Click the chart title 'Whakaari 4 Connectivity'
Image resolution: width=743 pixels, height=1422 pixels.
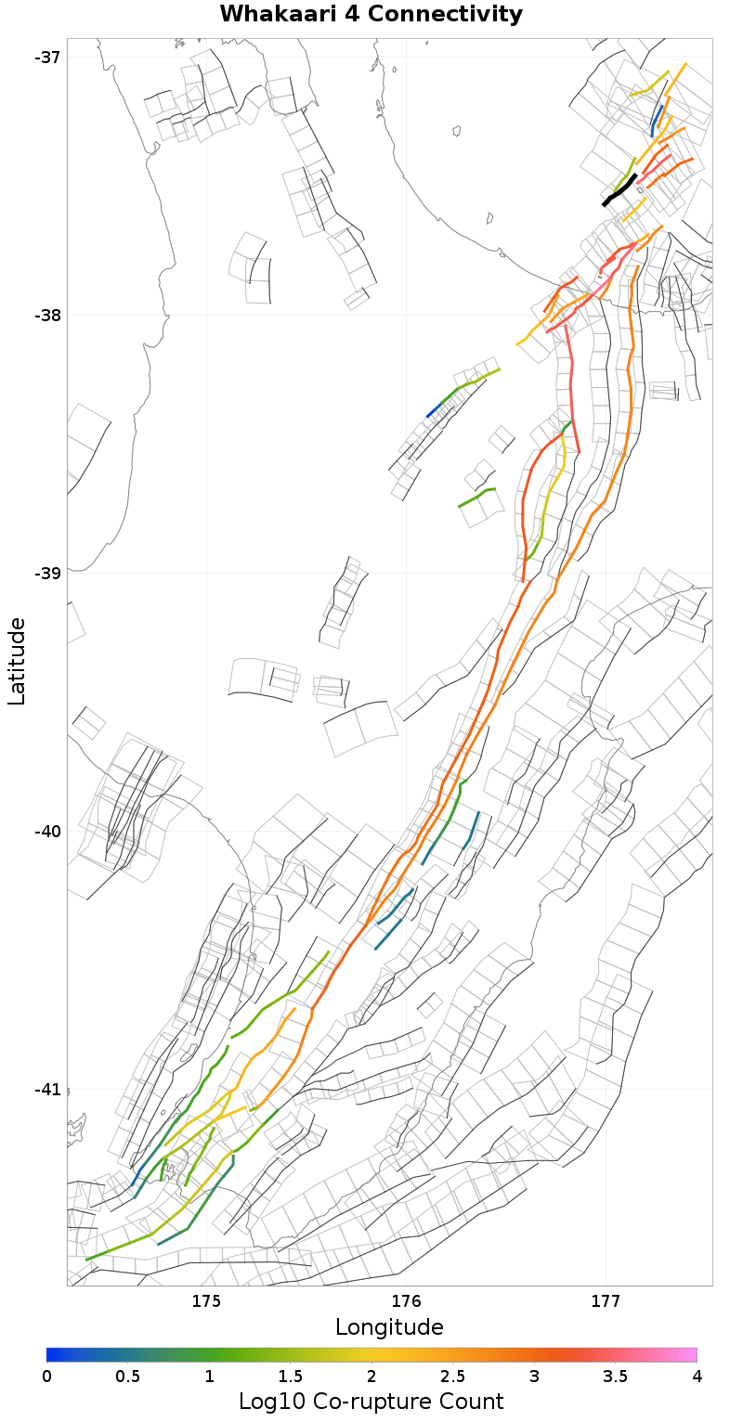click(371, 15)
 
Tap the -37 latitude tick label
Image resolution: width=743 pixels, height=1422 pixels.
click(46, 58)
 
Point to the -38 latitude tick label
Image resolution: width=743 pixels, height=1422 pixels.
click(46, 316)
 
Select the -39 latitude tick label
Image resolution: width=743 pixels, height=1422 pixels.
click(46, 573)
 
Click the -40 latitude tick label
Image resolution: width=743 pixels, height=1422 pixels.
click(46, 831)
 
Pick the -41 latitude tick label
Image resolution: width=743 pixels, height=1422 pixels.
click(46, 1089)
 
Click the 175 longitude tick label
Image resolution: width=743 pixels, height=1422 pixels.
click(205, 1300)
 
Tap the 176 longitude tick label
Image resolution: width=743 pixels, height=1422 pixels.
click(406, 1300)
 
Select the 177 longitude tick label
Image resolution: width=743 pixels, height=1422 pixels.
click(606, 1300)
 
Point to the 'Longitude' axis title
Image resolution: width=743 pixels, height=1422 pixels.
click(389, 1326)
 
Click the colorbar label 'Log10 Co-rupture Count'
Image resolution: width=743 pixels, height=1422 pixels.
click(371, 1402)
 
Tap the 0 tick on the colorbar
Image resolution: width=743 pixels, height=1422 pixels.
click(46, 1376)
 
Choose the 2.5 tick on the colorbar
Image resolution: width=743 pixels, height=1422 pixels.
click(452, 1376)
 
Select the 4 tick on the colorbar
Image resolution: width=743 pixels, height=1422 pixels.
click(697, 1376)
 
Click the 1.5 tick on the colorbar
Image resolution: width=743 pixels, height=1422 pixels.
click(290, 1376)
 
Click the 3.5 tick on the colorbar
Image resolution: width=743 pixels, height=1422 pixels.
click(615, 1376)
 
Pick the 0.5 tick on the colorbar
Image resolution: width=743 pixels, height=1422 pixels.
click(127, 1376)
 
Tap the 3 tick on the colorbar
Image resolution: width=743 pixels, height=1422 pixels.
click(534, 1376)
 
